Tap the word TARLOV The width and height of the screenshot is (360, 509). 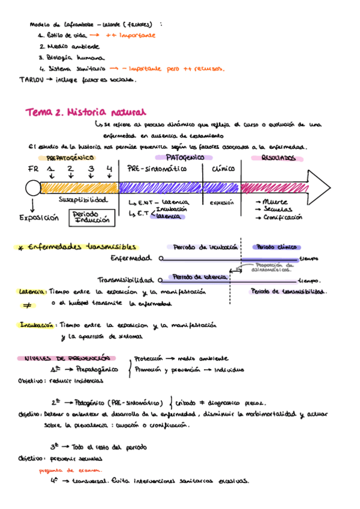coord(30,79)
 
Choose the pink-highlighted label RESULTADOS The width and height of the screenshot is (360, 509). coord(278,158)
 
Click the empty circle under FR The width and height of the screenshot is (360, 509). coord(32,188)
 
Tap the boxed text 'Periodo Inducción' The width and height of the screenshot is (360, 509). coord(92,217)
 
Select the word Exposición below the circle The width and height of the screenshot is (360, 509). coord(39,218)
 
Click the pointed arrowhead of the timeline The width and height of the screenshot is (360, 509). coord(321,187)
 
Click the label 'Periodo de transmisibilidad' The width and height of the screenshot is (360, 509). coord(289,292)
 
